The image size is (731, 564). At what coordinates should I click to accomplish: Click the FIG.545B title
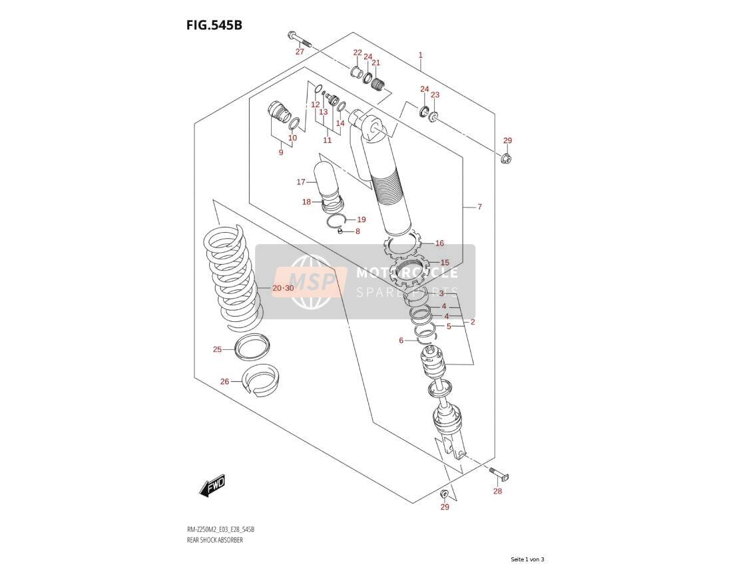coord(214,25)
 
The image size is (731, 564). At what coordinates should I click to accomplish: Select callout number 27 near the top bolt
coord(300,52)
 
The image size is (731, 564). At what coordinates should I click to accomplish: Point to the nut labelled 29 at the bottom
coord(445,493)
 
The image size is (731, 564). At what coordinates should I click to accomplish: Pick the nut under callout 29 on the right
coord(507,158)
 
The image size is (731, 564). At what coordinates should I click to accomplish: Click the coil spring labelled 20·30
coord(234,279)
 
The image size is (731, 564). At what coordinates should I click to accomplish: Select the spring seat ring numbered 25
coord(252,347)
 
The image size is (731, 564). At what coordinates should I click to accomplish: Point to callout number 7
coord(479,207)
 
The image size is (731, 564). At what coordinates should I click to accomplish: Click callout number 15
coord(445,263)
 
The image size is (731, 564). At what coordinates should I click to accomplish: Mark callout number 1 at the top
coord(421,55)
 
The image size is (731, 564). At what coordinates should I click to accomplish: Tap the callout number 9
coord(281,152)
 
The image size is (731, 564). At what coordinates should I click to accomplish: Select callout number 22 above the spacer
coord(358,53)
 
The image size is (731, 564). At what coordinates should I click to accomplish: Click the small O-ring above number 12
coord(318,89)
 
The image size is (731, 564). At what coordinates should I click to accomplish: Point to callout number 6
coord(401,341)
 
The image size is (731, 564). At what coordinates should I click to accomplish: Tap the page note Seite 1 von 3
coord(527,559)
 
